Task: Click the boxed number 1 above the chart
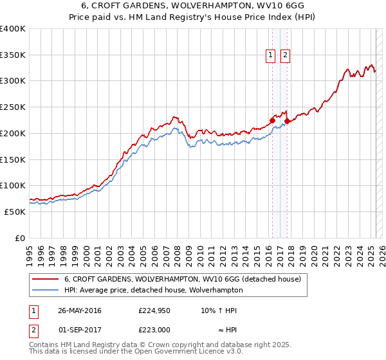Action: (271, 56)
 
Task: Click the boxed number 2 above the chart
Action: (285, 56)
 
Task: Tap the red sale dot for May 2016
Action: (272, 120)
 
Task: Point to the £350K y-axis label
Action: (13, 55)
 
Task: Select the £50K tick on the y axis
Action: (15, 212)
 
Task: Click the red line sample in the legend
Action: (45, 279)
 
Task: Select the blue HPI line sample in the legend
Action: (45, 290)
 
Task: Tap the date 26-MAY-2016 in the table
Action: (80, 310)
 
